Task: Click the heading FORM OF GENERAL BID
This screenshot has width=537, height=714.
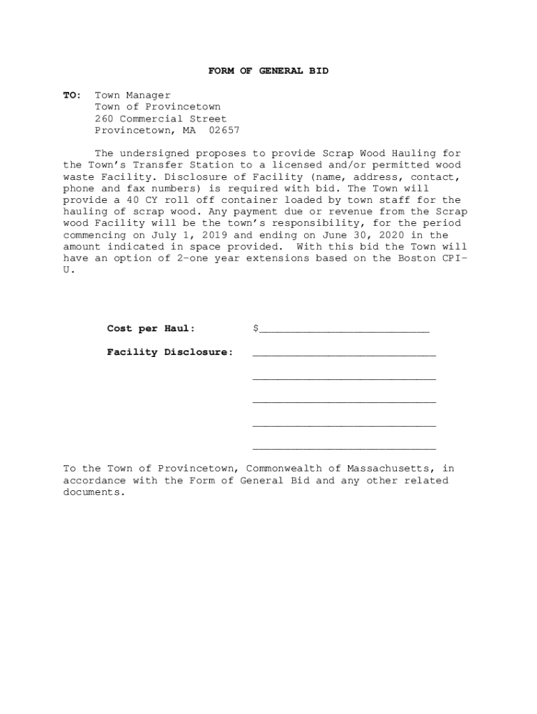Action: point(268,71)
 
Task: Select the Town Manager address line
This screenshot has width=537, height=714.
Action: point(133,95)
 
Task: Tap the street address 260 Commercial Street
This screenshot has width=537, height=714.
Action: point(160,119)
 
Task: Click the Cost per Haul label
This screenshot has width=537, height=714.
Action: point(151,328)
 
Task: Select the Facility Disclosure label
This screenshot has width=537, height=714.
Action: point(170,352)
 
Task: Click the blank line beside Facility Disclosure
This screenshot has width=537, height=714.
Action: point(344,355)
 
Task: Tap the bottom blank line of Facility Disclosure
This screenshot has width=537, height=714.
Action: point(344,448)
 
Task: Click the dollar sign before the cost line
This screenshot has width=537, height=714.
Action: point(256,328)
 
